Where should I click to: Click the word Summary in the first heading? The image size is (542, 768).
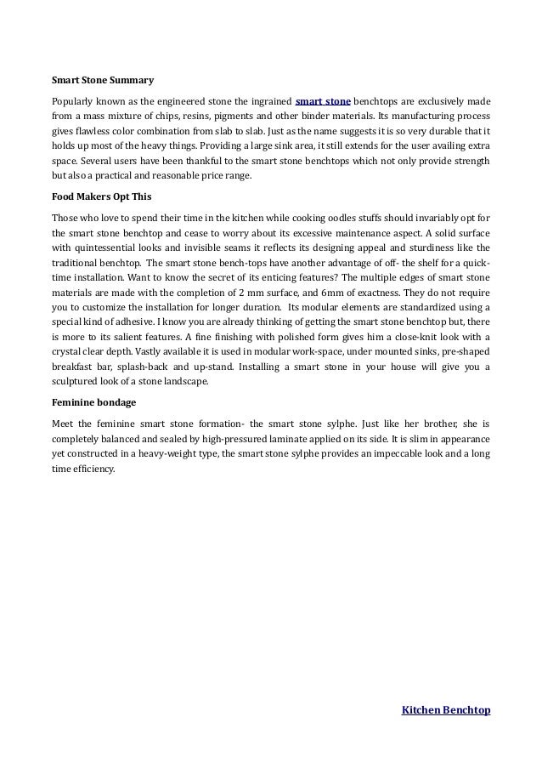pyautogui.click(x=133, y=82)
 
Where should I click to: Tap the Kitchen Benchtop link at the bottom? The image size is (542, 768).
pyautogui.click(x=445, y=708)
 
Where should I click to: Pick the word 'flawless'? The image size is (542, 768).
pyautogui.click(x=87, y=134)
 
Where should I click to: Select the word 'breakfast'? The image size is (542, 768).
pyautogui.click(x=75, y=370)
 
